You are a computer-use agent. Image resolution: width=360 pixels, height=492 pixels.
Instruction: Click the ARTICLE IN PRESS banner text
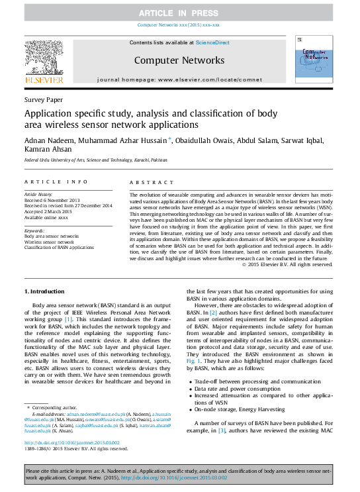[x=179, y=13]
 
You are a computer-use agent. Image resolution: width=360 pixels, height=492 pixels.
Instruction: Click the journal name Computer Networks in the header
[x=179, y=61]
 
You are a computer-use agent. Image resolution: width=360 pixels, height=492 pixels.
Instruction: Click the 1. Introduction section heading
[x=44, y=291]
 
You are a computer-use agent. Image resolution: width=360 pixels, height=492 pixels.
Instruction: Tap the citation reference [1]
[x=87, y=319]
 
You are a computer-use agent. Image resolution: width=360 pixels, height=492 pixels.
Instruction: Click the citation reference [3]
[x=222, y=450]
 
